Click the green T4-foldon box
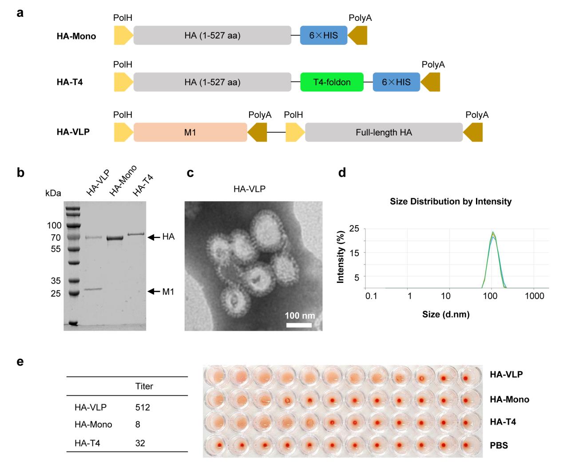pos(332,82)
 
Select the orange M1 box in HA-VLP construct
pos(190,132)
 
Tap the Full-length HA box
pos(384,132)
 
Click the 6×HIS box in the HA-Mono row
pos(323,36)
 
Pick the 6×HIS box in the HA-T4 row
pos(396,82)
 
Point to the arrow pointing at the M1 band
pos(154,291)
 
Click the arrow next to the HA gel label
pos(154,238)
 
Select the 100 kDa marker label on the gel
pos(54,226)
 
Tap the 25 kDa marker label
pos(56,293)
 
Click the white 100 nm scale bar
pos(299,325)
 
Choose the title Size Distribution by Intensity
pos(451,202)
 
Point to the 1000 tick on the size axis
pos(534,296)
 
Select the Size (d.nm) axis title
pos(446,314)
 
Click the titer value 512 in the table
pos(143,407)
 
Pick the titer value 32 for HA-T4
pos(140,443)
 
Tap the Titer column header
pos(144,386)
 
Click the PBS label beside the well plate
pos(499,445)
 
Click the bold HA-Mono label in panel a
pos(76,36)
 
